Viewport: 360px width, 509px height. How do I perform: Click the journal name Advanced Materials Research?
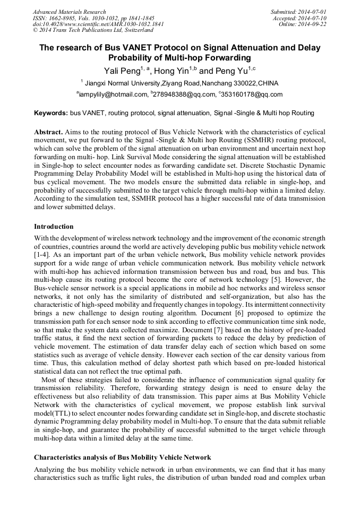coord(70,12)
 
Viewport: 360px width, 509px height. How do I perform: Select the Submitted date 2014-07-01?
coord(313,12)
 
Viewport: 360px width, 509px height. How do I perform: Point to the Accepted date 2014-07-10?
coord(313,18)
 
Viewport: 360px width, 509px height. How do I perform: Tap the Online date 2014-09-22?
coord(313,24)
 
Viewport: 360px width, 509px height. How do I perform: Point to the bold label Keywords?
coord(51,113)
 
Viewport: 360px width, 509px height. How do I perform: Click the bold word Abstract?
coord(48,131)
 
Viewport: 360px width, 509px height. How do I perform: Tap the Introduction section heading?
coord(54,227)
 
